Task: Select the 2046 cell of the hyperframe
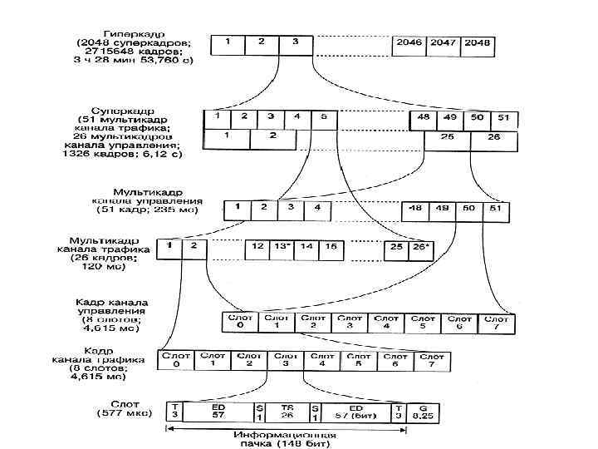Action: (410, 44)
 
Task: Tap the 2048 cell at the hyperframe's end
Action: (477, 44)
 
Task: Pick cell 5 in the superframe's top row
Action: (323, 118)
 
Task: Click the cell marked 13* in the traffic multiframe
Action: (282, 247)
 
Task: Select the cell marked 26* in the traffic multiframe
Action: (421, 247)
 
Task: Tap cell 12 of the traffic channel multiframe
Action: (257, 247)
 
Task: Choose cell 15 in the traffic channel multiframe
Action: (331, 247)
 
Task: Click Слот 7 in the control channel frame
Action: (497, 322)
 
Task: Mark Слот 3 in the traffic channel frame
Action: (286, 360)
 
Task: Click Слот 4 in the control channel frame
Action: (387, 322)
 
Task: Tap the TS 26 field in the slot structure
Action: (287, 411)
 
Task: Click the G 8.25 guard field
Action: (424, 411)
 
